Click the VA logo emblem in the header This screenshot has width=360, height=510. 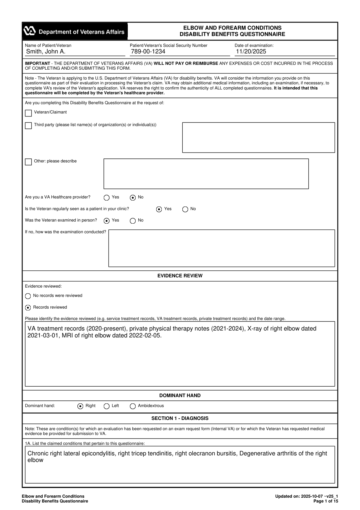(30, 31)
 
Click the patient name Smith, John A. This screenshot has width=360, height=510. (46, 52)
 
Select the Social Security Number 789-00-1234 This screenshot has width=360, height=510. (148, 52)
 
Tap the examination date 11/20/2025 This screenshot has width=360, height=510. (251, 52)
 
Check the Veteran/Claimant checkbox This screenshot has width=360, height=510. (28, 113)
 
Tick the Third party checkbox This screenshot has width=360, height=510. (28, 125)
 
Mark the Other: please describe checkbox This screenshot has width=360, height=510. (28, 162)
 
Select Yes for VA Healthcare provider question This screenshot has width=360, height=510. (106, 198)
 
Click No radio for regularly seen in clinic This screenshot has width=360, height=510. (185, 210)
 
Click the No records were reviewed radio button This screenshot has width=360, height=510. (28, 296)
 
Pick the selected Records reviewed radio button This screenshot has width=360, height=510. (28, 308)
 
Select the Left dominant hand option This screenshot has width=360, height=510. (106, 406)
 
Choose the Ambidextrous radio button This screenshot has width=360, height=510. (133, 406)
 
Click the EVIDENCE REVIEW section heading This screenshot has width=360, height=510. (180, 276)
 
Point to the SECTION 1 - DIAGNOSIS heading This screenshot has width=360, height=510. (180, 418)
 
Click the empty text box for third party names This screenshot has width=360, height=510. (258, 137)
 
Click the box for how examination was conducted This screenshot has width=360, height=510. (221, 248)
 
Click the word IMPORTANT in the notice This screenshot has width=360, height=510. (37, 64)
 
